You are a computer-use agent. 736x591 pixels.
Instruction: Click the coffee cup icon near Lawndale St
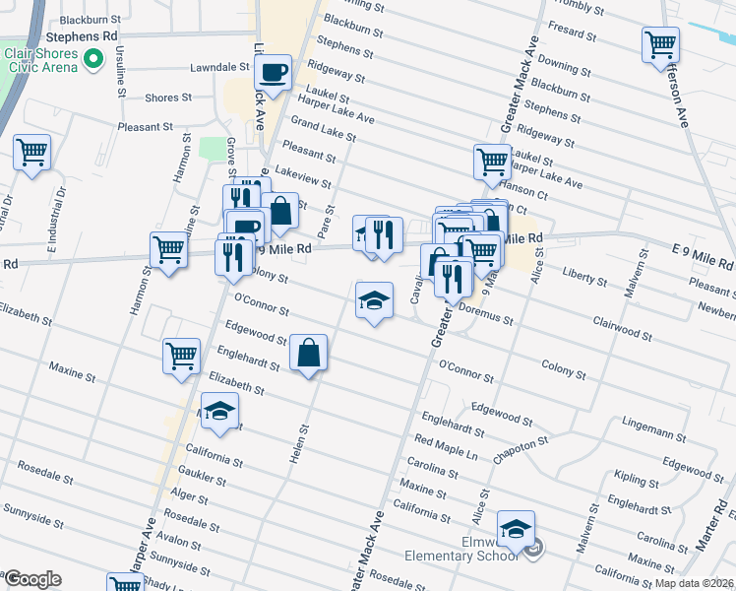[273, 71]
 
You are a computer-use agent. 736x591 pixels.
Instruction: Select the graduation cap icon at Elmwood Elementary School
[516, 529]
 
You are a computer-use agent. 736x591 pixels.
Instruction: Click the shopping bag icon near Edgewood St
[309, 352]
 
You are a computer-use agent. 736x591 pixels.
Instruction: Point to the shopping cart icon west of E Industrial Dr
[32, 153]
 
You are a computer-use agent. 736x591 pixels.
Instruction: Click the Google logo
[32, 579]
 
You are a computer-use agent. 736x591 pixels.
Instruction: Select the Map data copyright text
[695, 583]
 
